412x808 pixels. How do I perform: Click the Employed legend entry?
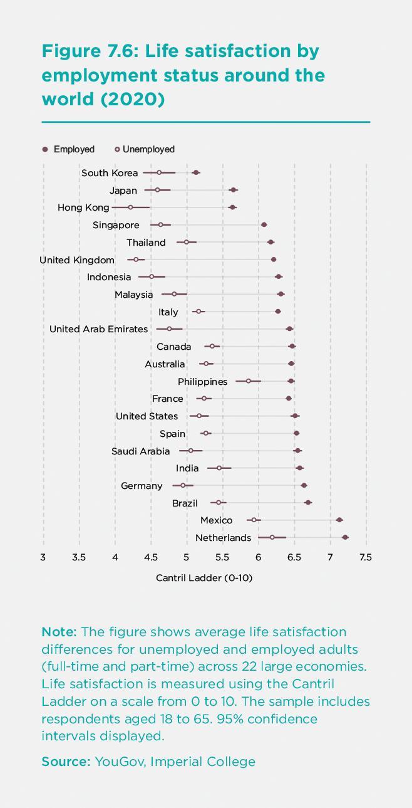[68, 149]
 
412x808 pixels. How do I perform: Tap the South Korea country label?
[110, 173]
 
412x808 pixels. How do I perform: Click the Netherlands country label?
[223, 538]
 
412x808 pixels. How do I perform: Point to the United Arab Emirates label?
[98, 329]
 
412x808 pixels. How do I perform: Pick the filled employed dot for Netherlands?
[345, 537]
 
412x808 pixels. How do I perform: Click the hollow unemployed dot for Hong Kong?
[130, 207]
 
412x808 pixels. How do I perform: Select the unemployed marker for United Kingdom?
[136, 259]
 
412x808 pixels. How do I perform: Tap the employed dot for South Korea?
[196, 172]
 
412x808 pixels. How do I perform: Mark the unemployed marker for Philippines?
[249, 381]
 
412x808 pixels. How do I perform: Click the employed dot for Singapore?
[264, 224]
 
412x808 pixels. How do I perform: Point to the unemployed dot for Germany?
[183, 485]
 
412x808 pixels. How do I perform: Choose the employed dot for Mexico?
[339, 520]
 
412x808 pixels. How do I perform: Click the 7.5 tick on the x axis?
[366, 557]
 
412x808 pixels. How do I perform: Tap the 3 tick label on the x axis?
[43, 557]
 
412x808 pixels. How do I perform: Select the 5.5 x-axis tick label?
[222, 557]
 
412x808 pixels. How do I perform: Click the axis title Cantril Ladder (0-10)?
[204, 579]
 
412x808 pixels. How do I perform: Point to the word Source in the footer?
[66, 762]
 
